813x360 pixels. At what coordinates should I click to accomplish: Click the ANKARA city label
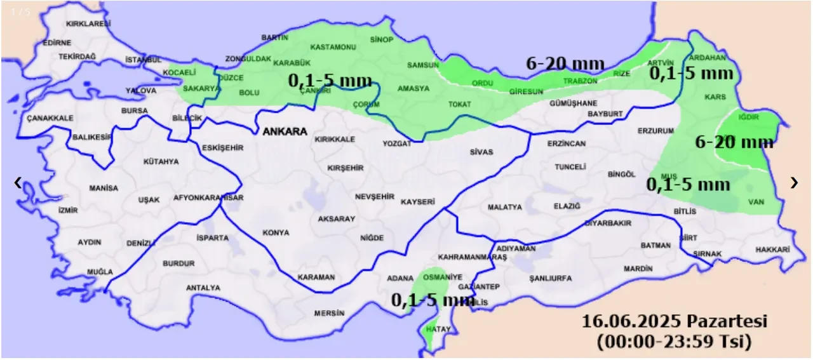(x=285, y=132)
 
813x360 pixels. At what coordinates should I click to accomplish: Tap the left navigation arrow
(x=18, y=183)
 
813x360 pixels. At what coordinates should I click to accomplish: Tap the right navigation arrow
(x=794, y=183)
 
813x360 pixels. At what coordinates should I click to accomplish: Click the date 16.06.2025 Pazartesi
(x=674, y=321)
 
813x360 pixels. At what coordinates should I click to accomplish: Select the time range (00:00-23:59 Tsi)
(x=674, y=342)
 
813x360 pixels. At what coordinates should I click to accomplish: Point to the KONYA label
(x=276, y=233)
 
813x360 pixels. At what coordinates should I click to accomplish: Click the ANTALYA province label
(x=203, y=288)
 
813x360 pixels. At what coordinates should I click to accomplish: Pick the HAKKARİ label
(x=772, y=250)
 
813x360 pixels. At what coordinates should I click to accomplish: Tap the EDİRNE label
(x=57, y=43)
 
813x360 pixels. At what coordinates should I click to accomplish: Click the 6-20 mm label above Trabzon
(x=565, y=63)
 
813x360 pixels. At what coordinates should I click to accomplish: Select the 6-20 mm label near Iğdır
(x=734, y=142)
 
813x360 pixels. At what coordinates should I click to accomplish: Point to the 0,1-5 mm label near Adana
(x=433, y=300)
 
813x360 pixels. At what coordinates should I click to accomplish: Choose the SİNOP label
(x=381, y=40)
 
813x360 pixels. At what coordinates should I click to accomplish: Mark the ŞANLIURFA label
(x=550, y=279)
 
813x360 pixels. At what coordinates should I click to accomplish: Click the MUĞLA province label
(x=100, y=272)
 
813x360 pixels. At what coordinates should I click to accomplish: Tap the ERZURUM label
(x=655, y=131)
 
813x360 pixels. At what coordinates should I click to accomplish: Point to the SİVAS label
(x=481, y=152)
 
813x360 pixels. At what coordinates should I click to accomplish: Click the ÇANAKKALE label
(x=50, y=118)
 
